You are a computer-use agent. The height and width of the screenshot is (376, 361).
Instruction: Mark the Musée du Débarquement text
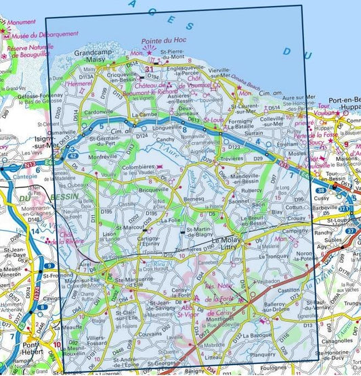(41, 33)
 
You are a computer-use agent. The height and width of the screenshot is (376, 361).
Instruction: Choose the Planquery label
(262, 352)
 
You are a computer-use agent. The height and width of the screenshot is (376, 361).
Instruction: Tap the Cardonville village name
(99, 112)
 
